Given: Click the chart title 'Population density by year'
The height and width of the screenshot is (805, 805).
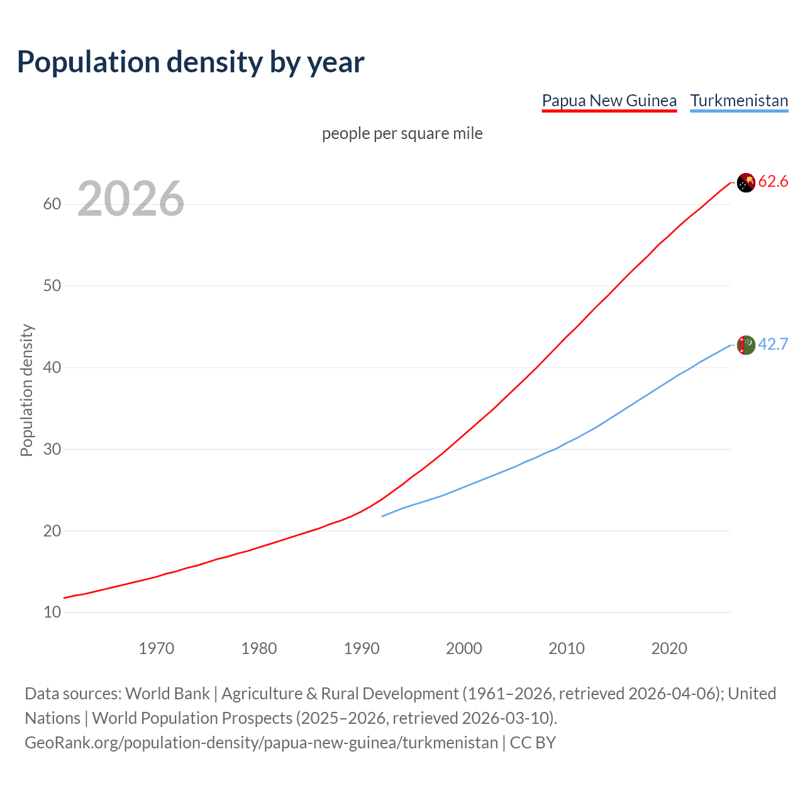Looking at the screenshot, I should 191,62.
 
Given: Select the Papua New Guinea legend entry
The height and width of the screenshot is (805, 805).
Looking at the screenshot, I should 609,101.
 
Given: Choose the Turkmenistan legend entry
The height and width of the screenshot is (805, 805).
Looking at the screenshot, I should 739,101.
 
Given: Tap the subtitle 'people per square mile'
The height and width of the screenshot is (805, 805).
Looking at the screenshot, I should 402,133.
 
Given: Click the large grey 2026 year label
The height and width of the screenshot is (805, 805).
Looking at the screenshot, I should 131,199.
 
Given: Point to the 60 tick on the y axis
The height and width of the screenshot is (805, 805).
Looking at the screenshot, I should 52,204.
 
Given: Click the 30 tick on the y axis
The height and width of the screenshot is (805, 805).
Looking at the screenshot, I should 52,449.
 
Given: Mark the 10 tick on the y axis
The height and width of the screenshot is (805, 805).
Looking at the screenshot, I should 52,612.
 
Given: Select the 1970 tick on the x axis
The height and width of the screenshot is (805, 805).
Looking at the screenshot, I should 157,648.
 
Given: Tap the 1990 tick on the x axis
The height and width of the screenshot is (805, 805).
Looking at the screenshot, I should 362,648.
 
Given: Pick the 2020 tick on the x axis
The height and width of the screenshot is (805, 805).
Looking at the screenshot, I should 669,648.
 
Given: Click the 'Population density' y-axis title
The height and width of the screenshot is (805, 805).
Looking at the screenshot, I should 26,390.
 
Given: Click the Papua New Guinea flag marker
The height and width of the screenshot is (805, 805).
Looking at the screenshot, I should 746,182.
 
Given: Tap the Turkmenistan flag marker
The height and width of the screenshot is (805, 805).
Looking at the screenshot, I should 746,345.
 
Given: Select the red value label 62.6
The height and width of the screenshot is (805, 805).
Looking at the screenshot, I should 773,182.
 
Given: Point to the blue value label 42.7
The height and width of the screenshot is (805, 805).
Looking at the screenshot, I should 773,345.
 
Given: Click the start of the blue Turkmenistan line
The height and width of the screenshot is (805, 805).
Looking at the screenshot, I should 383,516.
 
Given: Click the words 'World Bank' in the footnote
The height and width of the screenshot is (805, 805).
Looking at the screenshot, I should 167,694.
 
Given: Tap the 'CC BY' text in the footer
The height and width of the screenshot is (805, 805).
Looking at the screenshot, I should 533,743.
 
